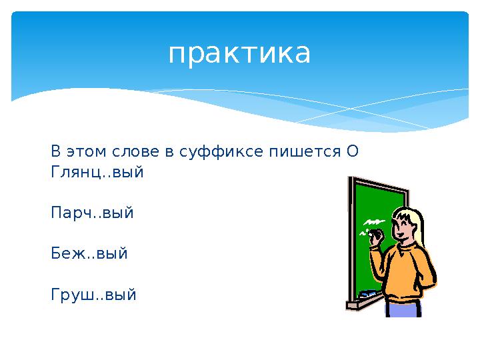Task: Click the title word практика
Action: (x=239, y=53)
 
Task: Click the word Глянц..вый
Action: (x=97, y=172)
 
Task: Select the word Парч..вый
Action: (x=92, y=213)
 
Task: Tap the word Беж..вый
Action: (x=89, y=254)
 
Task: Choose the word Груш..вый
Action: (x=93, y=295)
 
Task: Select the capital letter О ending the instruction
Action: (x=353, y=151)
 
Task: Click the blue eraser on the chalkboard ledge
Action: (x=367, y=293)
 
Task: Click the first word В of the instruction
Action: (x=55, y=151)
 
